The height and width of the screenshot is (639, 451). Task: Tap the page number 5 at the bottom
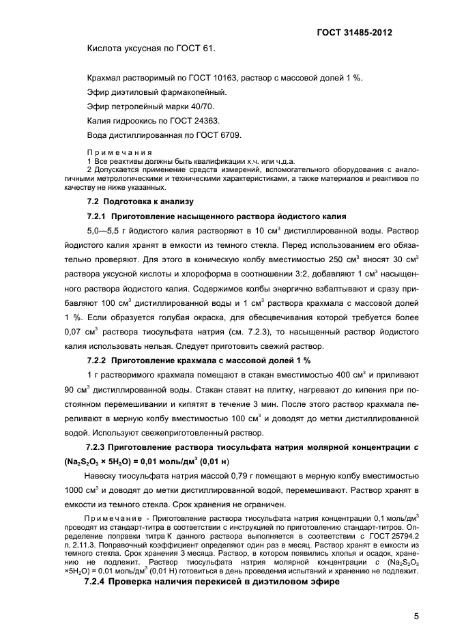point(416,616)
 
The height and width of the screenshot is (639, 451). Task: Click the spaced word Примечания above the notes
point(115,152)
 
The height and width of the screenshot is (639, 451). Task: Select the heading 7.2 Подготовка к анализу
point(140,201)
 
